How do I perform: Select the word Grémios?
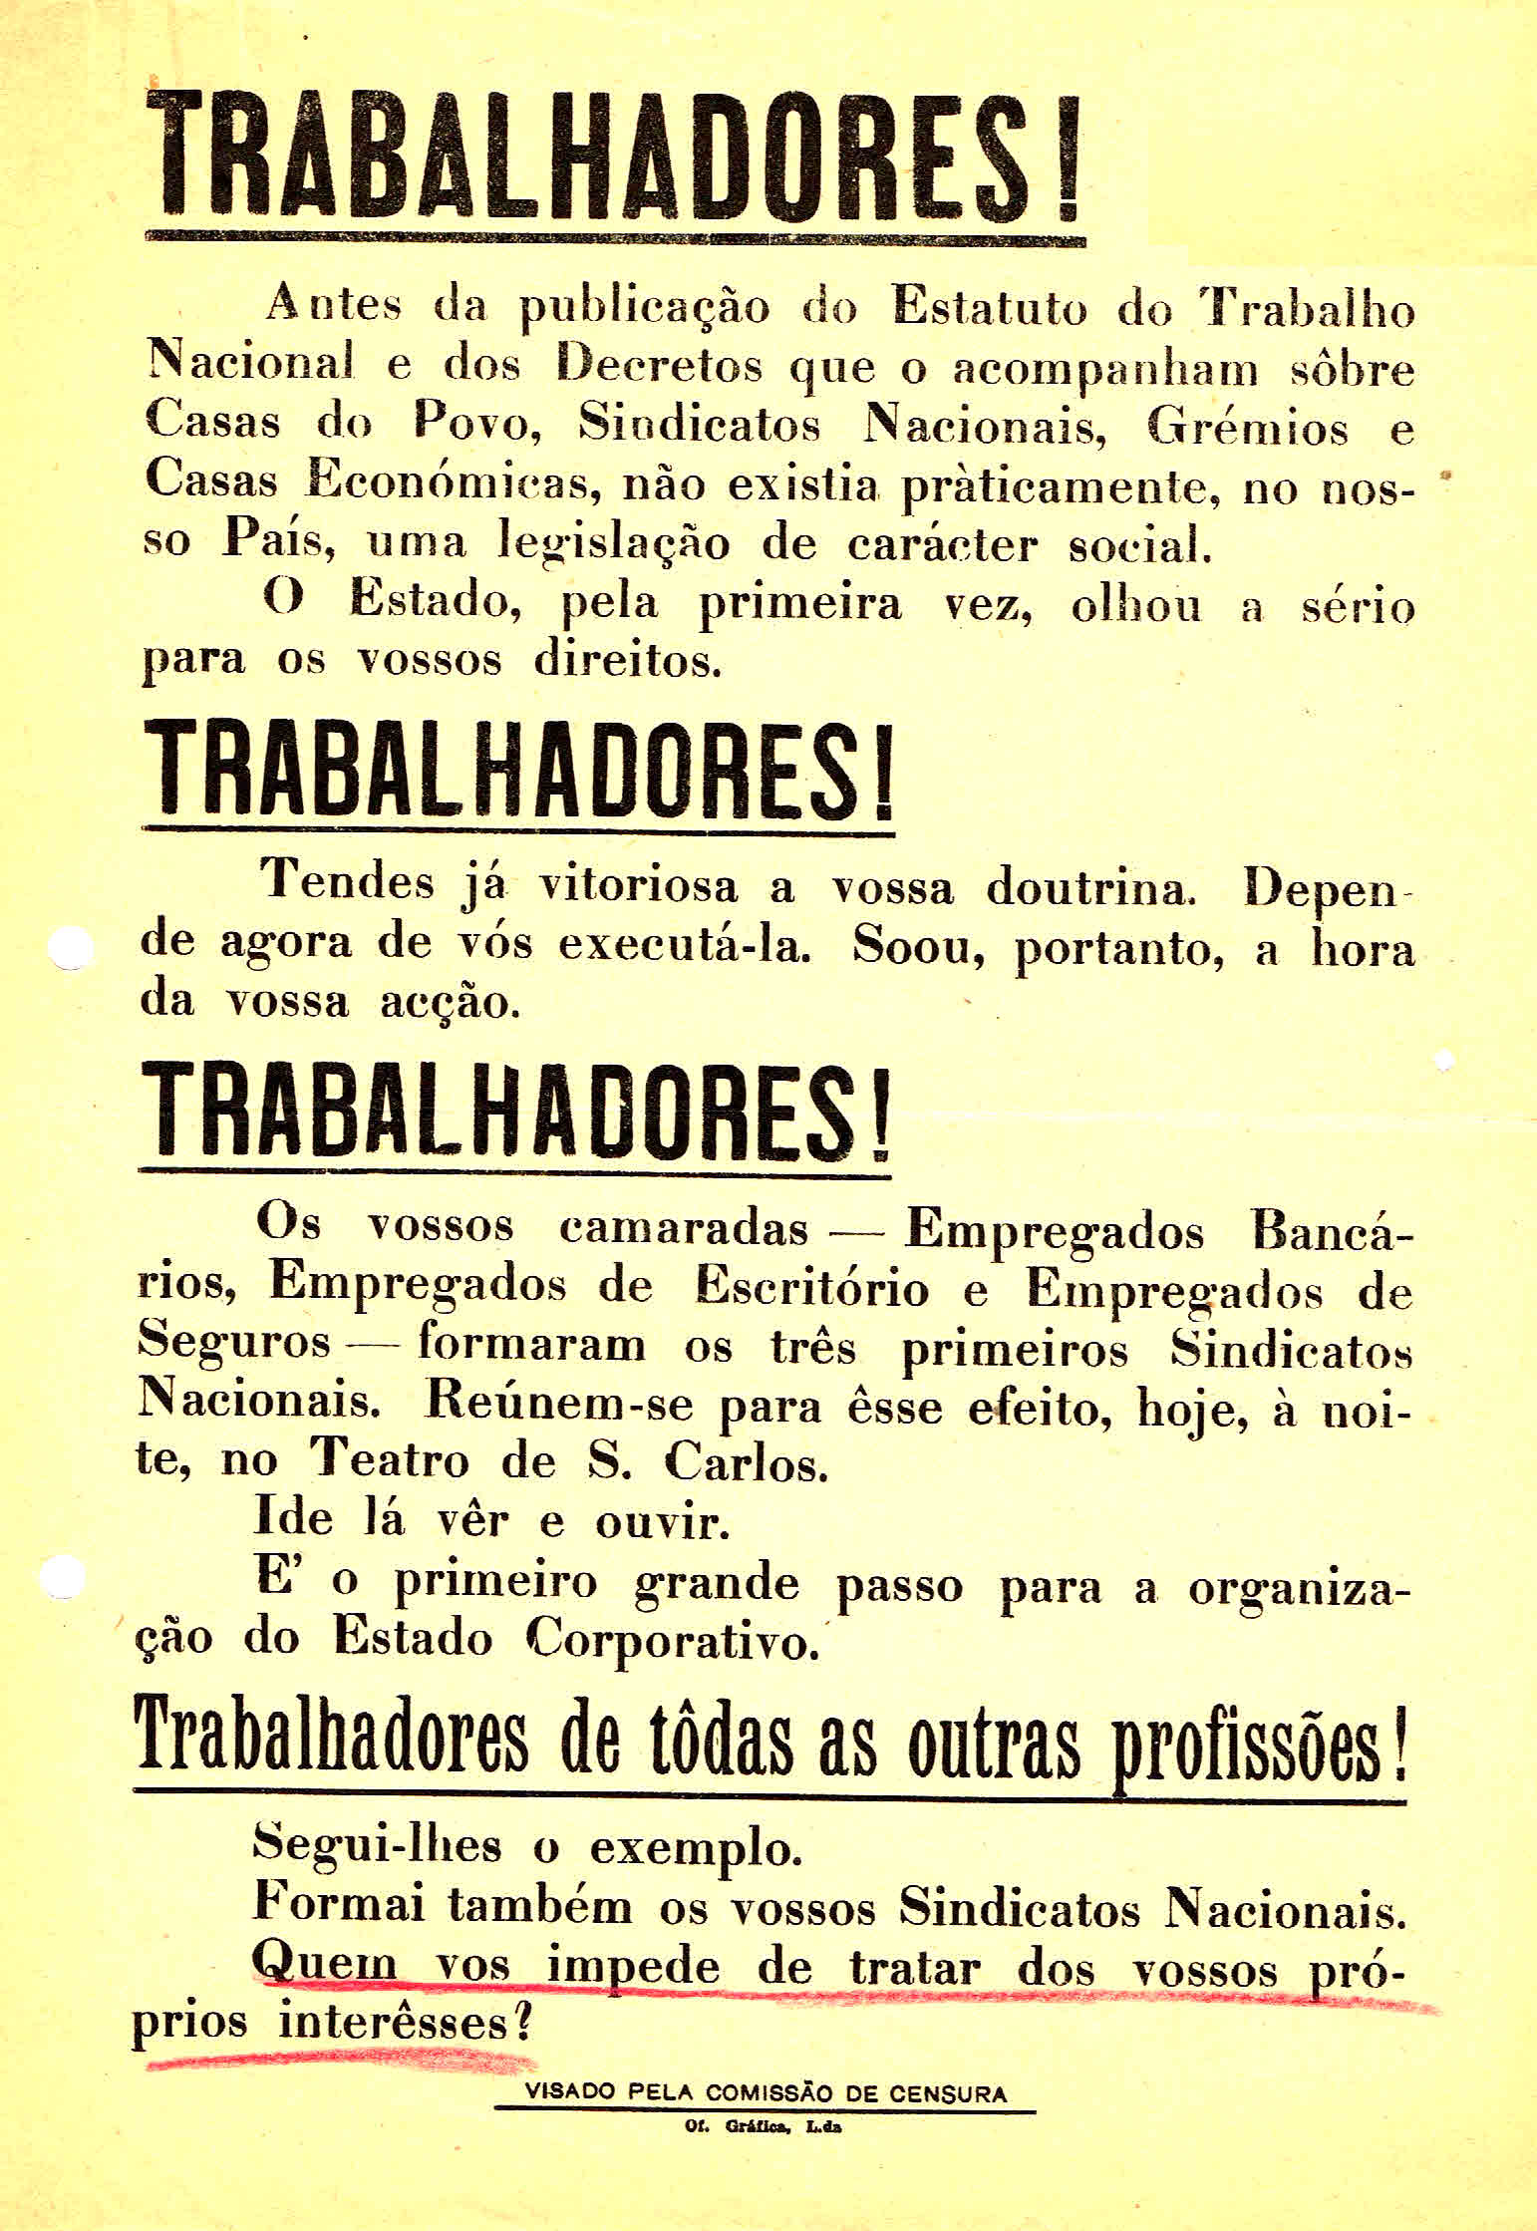[x=1247, y=426]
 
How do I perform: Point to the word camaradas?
[x=684, y=1227]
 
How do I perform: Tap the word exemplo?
[x=696, y=1850]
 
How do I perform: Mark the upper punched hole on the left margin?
[x=72, y=948]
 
